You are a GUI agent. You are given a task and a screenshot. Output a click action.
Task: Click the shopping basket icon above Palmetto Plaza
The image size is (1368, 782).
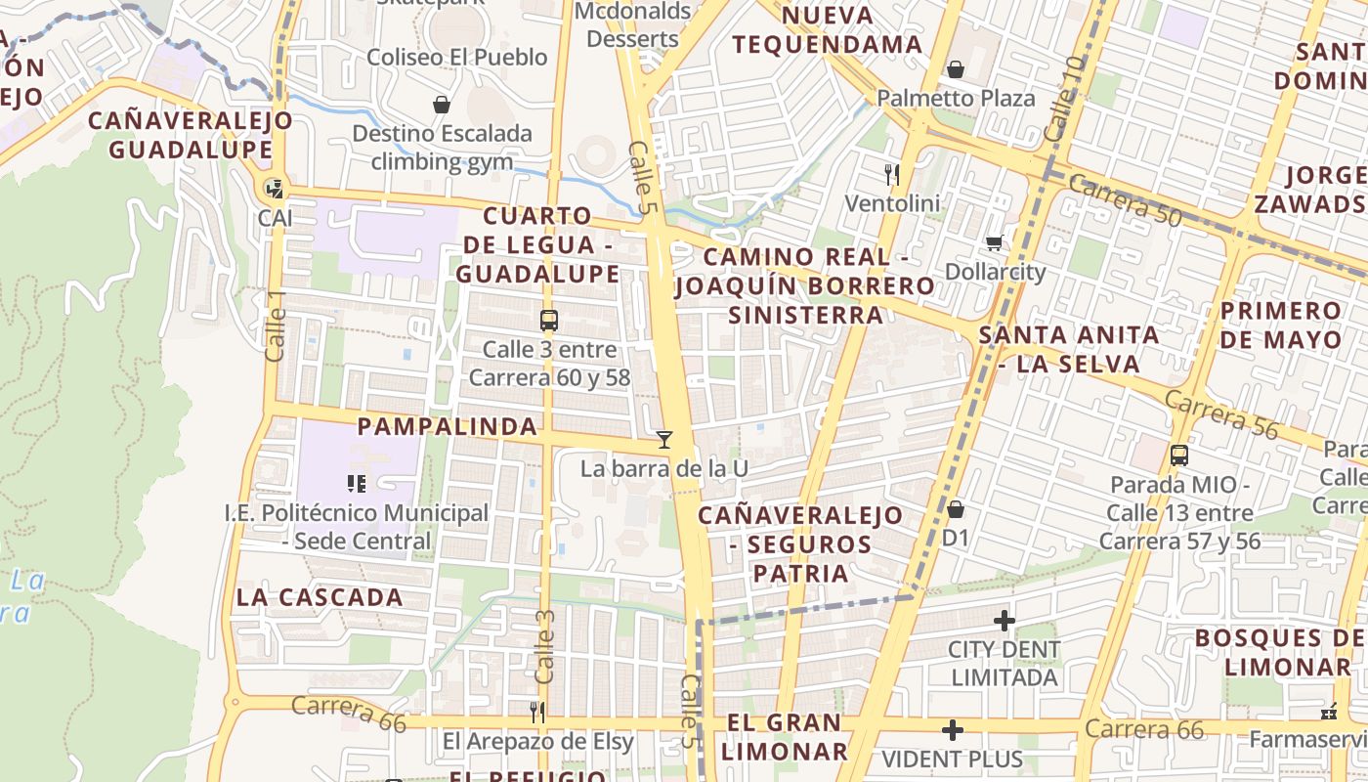tap(956, 70)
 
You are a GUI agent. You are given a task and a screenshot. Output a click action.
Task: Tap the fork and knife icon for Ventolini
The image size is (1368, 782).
tap(891, 175)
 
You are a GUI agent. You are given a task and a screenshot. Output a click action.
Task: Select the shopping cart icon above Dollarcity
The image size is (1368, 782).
tap(995, 243)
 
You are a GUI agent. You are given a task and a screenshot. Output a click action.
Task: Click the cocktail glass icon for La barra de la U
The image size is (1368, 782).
tap(664, 440)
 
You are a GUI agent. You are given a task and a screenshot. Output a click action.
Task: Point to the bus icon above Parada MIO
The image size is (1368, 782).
tap(1179, 455)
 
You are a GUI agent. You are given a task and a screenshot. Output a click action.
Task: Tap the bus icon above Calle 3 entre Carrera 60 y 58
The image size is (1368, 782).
tap(549, 320)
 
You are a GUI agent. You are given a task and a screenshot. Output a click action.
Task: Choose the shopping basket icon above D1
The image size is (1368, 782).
tap(956, 509)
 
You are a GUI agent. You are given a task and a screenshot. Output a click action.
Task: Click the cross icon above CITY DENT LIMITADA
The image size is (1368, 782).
tap(1004, 621)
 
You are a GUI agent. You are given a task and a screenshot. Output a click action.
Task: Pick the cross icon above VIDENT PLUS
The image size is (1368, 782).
tap(953, 730)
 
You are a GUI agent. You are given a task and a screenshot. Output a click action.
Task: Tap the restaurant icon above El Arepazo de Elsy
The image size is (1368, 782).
tap(536, 712)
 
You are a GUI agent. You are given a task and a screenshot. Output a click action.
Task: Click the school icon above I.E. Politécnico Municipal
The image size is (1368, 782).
tap(357, 483)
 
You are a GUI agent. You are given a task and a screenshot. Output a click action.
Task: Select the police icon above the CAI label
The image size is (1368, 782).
tap(275, 189)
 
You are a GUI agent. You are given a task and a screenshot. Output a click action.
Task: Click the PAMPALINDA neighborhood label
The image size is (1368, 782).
tap(447, 426)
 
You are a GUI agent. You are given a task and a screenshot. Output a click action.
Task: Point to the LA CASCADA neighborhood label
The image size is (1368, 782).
tap(320, 597)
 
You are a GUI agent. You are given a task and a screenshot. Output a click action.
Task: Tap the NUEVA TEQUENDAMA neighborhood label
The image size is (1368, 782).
tap(827, 30)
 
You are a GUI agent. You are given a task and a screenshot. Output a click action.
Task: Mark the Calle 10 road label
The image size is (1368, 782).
tap(1064, 98)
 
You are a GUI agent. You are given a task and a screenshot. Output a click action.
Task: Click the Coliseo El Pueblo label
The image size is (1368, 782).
tap(456, 57)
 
